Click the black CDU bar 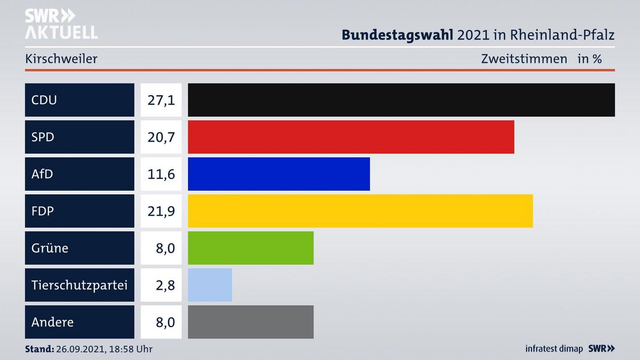point(401,100)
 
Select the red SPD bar point(351,137)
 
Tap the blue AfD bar point(279,174)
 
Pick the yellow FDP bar point(360,211)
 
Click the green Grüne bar point(251,248)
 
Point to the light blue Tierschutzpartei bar point(210,285)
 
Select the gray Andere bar point(251,322)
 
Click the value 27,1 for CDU point(161,100)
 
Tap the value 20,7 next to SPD point(161,137)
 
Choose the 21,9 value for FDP point(161,211)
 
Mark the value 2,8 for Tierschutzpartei point(165,285)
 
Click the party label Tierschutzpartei point(79,285)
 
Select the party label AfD point(42,174)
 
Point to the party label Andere point(52,322)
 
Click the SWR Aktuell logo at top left point(61,24)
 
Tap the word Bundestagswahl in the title point(397,35)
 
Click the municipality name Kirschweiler point(61,59)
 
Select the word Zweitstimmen point(524,59)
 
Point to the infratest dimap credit point(554,349)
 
